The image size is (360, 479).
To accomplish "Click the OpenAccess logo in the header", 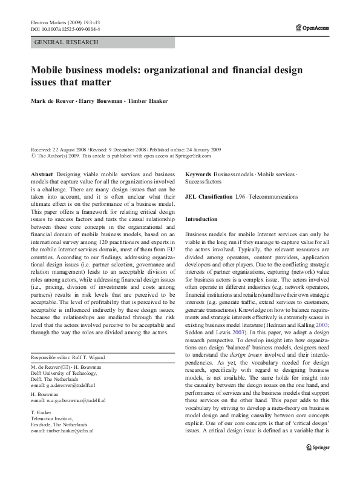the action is (313, 27).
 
